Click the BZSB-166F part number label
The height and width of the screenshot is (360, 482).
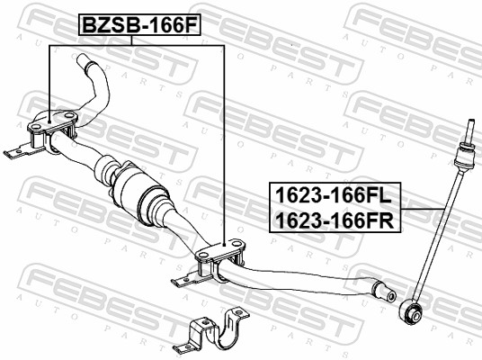pyautogui.click(x=140, y=24)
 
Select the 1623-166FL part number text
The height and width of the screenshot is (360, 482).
pyautogui.click(x=334, y=195)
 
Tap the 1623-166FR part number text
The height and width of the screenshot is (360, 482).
pyautogui.click(x=335, y=220)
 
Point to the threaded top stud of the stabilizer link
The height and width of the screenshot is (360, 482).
pyautogui.click(x=469, y=130)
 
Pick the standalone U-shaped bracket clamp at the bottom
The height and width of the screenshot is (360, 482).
pyautogui.click(x=211, y=332)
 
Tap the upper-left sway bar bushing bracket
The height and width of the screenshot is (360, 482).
pyautogui.click(x=52, y=130)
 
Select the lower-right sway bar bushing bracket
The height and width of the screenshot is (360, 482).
pyautogui.click(x=220, y=259)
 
